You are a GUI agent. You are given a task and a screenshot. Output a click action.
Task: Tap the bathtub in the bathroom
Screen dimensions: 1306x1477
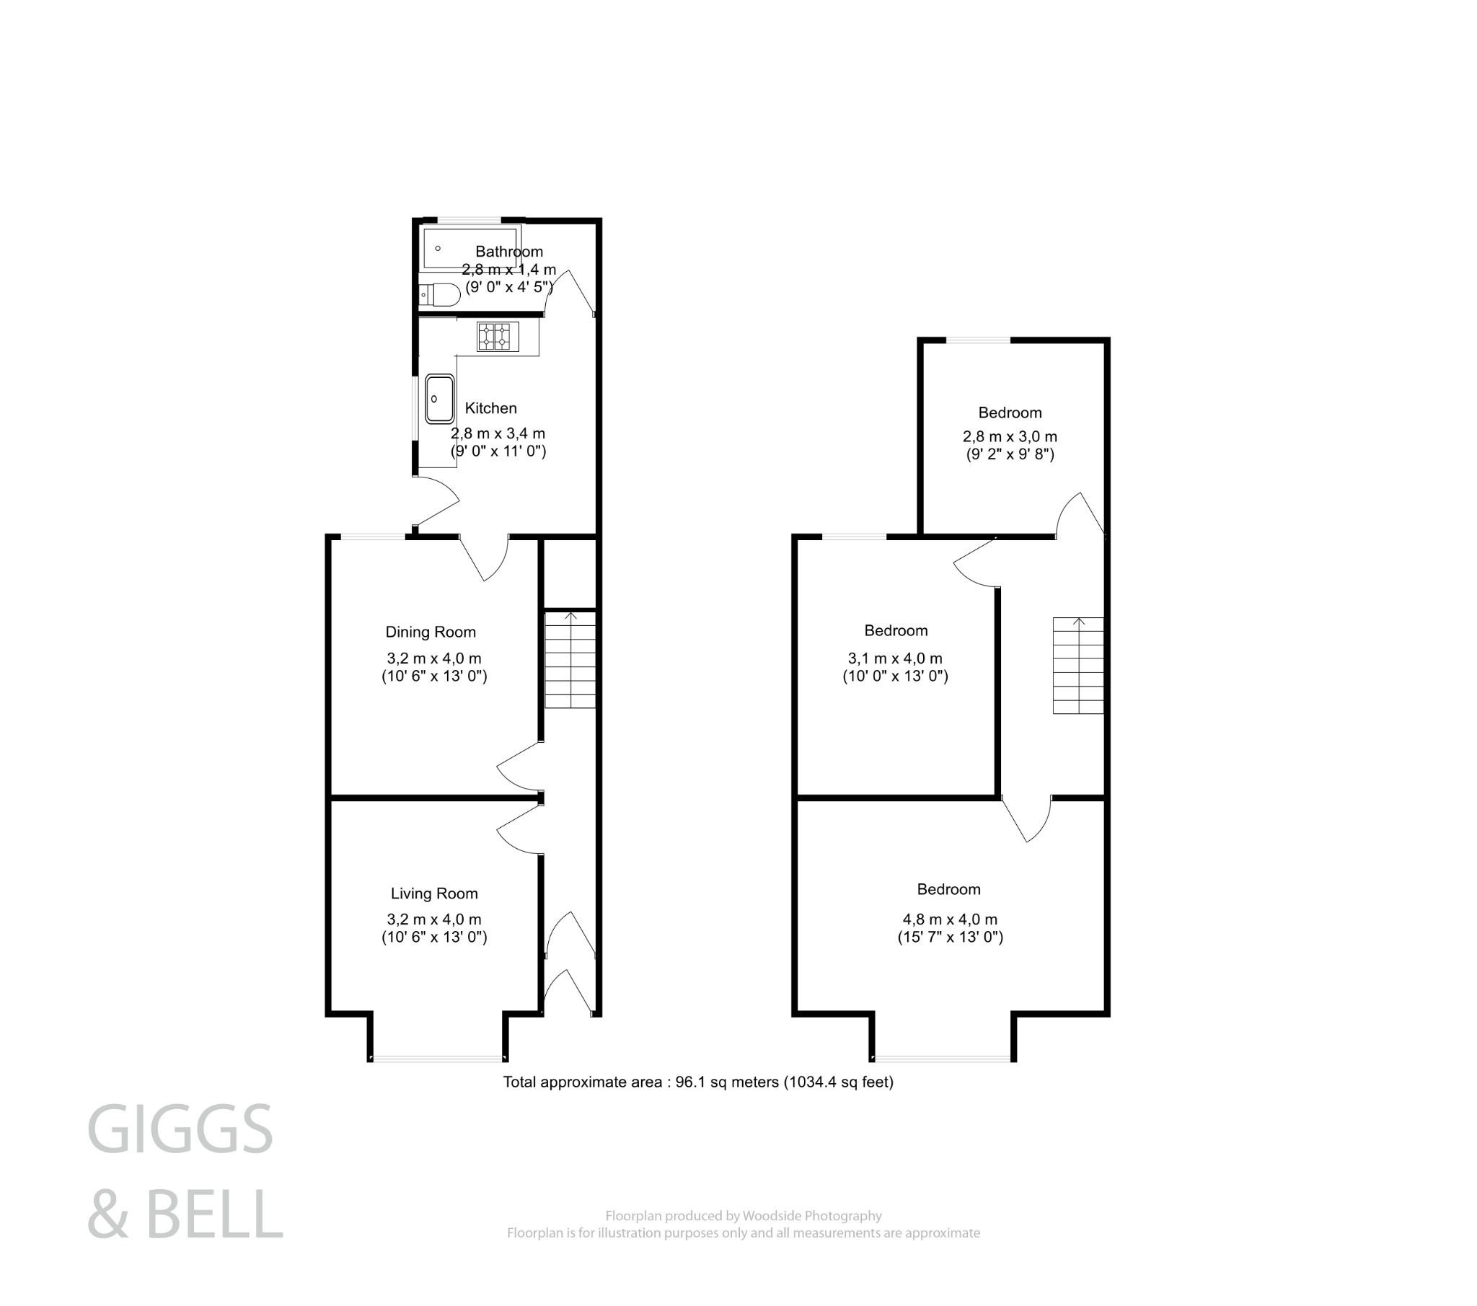point(469,248)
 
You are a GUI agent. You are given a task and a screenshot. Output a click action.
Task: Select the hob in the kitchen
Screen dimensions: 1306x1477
point(498,337)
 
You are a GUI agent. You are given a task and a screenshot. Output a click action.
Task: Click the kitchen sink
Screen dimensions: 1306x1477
point(439,398)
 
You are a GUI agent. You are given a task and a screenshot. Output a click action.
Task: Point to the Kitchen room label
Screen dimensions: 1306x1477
point(490,408)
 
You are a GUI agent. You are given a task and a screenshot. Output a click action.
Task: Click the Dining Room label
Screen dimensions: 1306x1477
point(431,632)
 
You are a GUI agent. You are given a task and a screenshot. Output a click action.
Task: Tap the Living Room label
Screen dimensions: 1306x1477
point(434,894)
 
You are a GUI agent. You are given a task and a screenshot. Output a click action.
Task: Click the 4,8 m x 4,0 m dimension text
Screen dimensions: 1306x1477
point(950,919)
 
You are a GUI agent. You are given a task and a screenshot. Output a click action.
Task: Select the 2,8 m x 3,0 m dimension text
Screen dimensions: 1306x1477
point(1010,436)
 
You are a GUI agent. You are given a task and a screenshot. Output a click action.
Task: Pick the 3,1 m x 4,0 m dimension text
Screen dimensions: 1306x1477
point(894,658)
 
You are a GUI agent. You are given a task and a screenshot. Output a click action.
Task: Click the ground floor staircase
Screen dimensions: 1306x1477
point(570,660)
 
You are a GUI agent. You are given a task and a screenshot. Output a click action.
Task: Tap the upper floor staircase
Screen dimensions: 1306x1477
point(1078,666)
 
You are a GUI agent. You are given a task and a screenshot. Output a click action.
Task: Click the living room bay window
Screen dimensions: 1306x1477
point(437,1059)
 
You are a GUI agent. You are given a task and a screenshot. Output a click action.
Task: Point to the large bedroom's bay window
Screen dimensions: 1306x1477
point(943,1059)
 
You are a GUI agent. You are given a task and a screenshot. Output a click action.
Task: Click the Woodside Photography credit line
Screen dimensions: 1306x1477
point(744,1216)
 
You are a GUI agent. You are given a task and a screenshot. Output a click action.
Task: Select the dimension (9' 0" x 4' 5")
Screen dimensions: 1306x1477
point(508,287)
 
